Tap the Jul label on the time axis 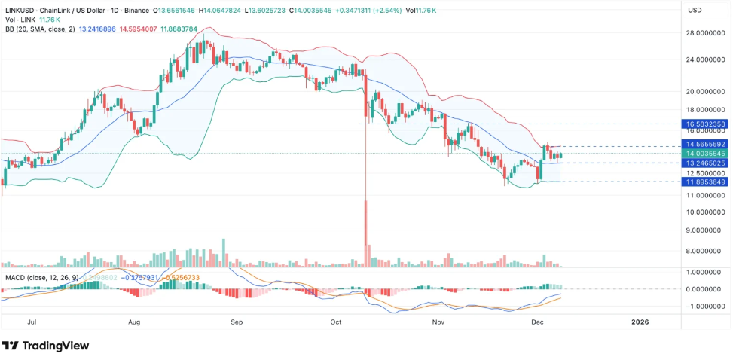click(32, 322)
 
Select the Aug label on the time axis click(135, 322)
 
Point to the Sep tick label click(237, 322)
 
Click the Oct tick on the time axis click(336, 322)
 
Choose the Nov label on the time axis click(438, 322)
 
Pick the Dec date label click(537, 322)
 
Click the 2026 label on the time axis click(640, 322)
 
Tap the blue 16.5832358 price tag click(704, 124)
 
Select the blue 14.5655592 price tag click(704, 143)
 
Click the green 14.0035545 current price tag click(704, 153)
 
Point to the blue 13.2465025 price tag click(704, 163)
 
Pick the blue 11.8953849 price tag click(704, 182)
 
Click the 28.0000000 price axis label click(704, 33)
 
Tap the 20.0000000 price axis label click(704, 91)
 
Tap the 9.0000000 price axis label click(704, 230)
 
